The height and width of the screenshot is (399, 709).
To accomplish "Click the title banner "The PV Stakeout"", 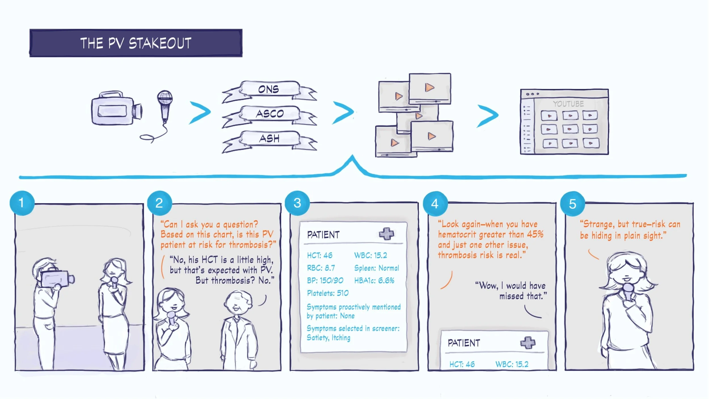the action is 136,43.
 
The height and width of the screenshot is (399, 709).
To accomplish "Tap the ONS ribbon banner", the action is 269,89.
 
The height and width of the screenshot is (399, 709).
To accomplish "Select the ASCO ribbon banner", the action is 270,114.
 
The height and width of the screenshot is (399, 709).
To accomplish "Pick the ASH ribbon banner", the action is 269,138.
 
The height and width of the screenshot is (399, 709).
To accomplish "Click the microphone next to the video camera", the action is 164,105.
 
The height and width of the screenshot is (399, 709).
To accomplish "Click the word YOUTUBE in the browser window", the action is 568,104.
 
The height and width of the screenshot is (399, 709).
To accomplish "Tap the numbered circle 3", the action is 297,203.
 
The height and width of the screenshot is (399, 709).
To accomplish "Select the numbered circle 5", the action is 573,204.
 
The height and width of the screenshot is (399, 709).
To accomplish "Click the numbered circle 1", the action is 22,203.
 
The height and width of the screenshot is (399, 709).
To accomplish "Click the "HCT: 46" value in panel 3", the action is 320,255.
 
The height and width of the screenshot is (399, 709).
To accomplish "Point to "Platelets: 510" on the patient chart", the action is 328,293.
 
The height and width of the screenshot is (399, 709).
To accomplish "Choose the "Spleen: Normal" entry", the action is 377,268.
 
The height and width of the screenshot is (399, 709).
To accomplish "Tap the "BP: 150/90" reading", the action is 325,281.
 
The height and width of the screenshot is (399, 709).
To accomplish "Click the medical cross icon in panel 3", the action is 387,234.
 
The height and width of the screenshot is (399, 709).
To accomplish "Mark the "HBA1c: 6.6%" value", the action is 374,281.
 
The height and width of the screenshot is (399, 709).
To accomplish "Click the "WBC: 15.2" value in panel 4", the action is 512,364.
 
